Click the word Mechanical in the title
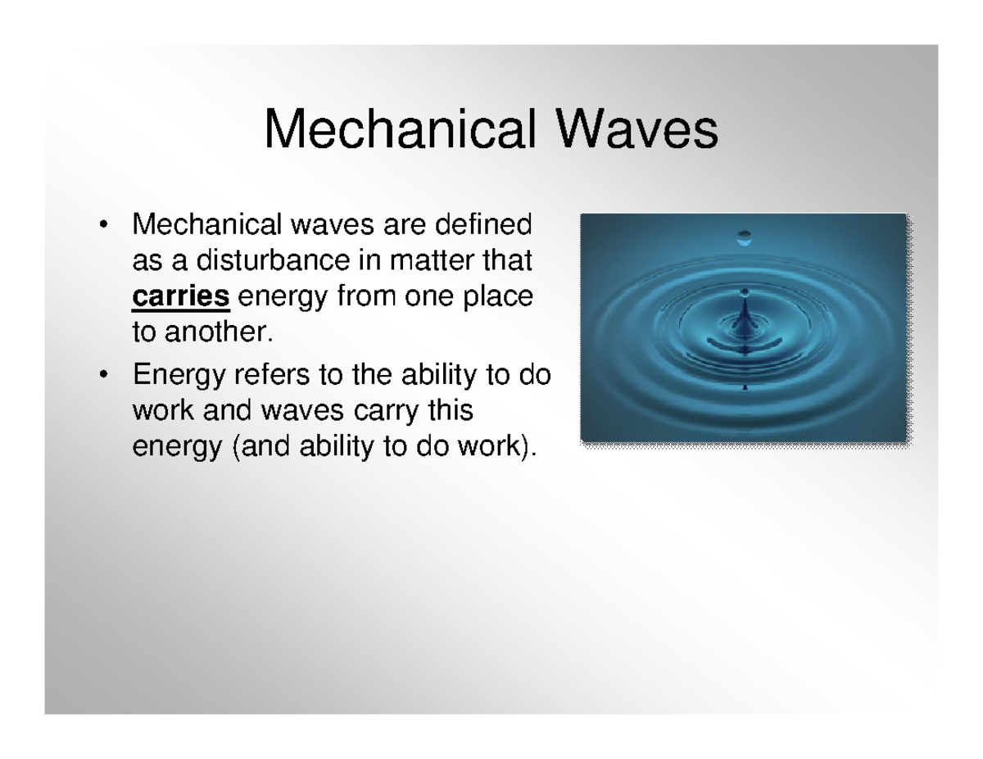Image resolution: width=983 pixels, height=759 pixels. [401, 129]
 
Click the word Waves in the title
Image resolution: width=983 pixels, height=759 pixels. [636, 129]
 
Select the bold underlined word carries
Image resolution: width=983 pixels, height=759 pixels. [181, 296]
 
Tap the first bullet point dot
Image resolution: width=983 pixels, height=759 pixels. [103, 224]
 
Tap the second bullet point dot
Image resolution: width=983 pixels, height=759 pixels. [103, 374]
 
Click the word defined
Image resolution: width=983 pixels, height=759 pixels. [483, 224]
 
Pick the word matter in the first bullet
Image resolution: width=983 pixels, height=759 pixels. [432, 261]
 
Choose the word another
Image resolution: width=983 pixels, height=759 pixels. [219, 332]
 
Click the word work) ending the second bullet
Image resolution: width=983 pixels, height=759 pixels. [497, 446]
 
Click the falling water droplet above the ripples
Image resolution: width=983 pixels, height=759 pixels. [744, 237]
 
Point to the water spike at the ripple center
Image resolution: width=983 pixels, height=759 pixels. [744, 312]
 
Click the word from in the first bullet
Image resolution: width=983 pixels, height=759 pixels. [365, 296]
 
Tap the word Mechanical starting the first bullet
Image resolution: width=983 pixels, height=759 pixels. [206, 224]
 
